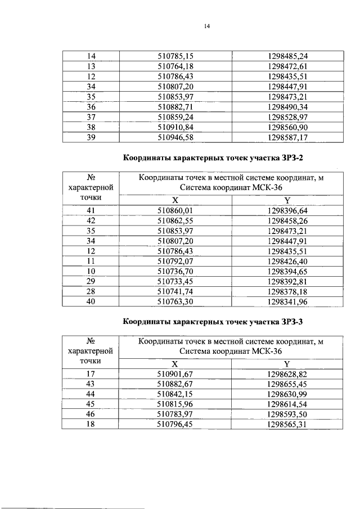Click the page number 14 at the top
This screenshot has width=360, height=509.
tap(206, 26)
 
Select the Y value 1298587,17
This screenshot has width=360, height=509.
tap(287, 137)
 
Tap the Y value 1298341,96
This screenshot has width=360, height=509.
tap(287, 303)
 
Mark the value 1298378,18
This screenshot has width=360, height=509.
tap(287, 292)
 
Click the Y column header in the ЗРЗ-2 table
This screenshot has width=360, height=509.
tap(287, 201)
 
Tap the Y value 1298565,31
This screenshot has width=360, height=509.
tap(287, 425)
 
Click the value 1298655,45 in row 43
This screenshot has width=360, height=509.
tap(287, 384)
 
